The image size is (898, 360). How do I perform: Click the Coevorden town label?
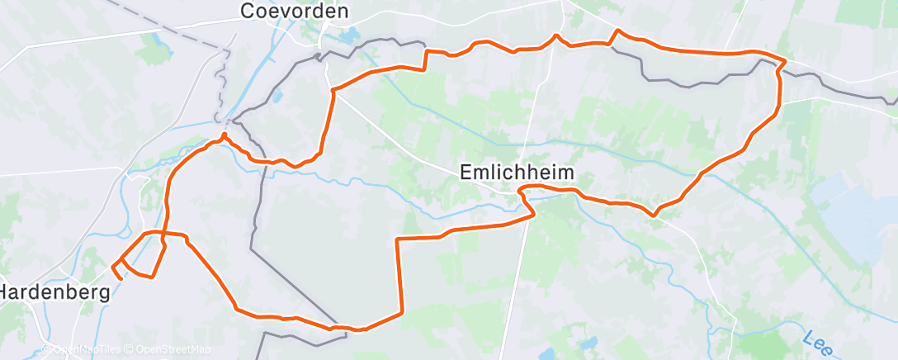[x=294, y=12]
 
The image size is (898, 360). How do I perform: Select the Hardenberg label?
[x=54, y=292]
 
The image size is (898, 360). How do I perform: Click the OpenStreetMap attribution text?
[x=173, y=350]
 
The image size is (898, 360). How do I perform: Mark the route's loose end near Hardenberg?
[x=121, y=279]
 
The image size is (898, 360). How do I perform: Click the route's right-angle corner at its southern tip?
[x=401, y=313]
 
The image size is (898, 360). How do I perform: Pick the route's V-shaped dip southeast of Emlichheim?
[x=654, y=215]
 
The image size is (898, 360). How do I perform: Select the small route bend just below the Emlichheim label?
[x=521, y=192]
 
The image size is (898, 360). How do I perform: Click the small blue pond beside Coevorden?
[x=347, y=36]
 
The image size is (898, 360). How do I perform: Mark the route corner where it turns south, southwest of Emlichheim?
[x=398, y=239]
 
